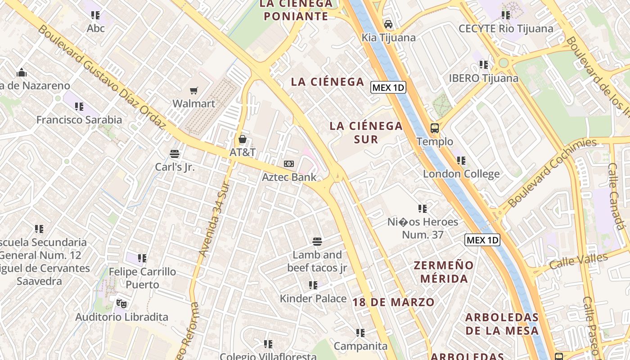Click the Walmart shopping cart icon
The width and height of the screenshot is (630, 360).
194,91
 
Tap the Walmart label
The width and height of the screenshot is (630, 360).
194,103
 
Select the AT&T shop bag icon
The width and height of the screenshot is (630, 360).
243,139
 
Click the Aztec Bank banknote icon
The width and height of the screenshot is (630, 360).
289,164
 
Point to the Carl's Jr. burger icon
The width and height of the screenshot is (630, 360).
175,154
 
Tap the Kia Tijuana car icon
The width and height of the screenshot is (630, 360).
388,24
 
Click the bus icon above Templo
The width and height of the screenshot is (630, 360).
435,128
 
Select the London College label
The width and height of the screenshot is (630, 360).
461,174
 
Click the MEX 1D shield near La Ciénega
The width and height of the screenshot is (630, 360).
388,87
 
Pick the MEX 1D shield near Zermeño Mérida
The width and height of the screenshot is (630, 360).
482,240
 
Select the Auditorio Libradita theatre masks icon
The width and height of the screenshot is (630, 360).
120,304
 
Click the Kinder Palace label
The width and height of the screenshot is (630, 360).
313,298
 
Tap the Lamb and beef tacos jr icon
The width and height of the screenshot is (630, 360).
317,242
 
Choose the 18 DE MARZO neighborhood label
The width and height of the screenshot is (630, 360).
394,302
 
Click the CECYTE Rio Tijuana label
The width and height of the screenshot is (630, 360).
506,29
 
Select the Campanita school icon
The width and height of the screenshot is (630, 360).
360,333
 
